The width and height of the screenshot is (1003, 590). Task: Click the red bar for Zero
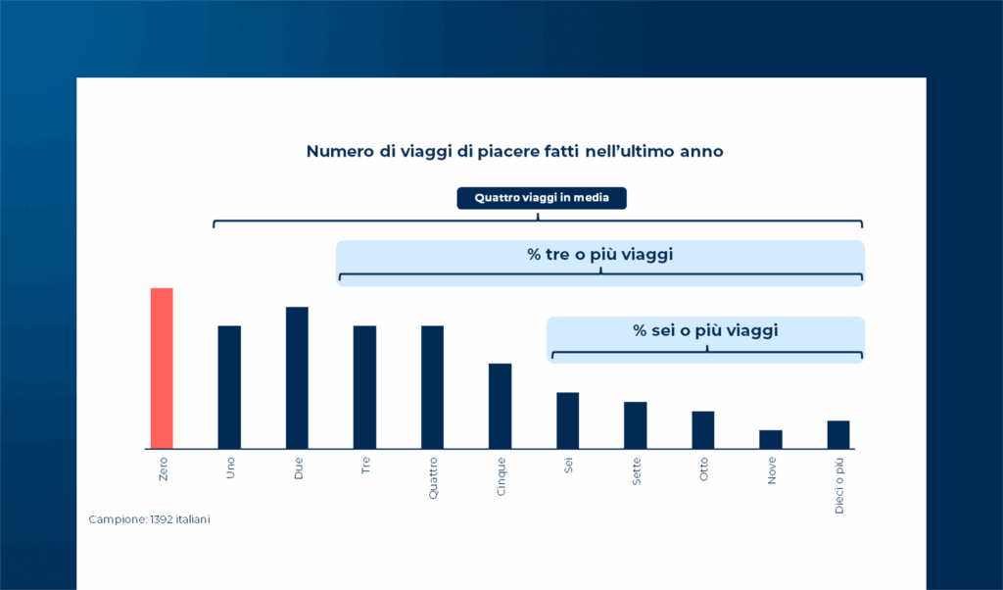click(162, 368)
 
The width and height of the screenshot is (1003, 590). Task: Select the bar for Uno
click(229, 387)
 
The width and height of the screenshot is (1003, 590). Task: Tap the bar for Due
click(297, 377)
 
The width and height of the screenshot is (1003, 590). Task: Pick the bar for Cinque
click(501, 407)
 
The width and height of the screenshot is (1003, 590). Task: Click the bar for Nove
click(771, 440)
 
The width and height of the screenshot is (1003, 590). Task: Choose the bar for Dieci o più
click(838, 434)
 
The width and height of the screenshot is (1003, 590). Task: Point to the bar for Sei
click(568, 420)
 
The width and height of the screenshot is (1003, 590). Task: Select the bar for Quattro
click(432, 387)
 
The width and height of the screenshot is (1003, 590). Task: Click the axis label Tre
click(366, 466)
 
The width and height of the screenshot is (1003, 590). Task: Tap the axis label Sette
click(637, 471)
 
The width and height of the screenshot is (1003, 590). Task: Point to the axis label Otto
click(704, 469)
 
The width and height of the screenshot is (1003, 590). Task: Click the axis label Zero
click(164, 469)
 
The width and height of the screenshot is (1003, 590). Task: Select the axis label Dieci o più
click(839, 486)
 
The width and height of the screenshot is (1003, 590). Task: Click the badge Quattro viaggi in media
click(542, 198)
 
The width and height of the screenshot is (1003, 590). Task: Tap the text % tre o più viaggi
click(600, 255)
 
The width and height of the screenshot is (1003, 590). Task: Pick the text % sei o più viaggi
click(705, 331)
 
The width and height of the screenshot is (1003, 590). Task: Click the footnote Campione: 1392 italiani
click(149, 519)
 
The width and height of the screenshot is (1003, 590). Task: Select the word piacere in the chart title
click(508, 152)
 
